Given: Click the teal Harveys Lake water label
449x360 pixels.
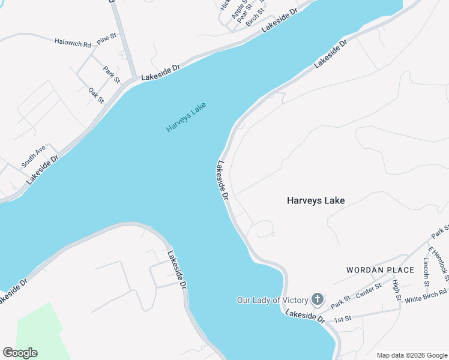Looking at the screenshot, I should coord(186,118).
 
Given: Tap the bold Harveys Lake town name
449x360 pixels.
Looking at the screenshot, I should coord(315,200).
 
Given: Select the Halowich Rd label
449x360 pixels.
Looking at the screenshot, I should coord(73,43).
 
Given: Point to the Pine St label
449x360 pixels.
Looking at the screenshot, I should coord(106,38).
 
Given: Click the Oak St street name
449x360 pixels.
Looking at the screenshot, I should coord(96,95).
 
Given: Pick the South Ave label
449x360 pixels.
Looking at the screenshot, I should coord(33,157).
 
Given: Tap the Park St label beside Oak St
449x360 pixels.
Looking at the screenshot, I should coord(112,74).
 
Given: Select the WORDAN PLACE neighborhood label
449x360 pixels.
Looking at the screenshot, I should coord(380,270).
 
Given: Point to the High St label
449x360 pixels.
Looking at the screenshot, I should coord(396,290).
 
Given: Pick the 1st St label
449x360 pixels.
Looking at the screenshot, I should coord(342,318).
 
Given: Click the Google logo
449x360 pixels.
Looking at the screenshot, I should coord(20,353).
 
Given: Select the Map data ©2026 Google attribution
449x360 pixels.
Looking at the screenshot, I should coord(411,355).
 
